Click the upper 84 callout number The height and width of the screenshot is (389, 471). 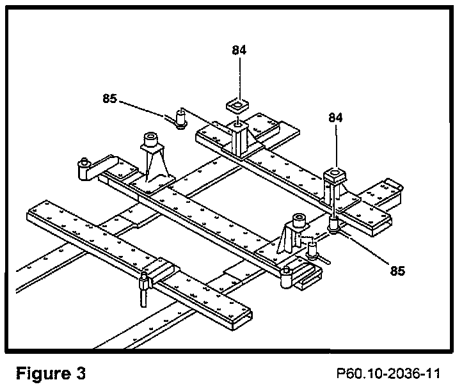pyautogui.click(x=239, y=50)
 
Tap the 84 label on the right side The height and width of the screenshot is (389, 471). pyautogui.click(x=336, y=118)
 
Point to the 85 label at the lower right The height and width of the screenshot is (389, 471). pyautogui.click(x=397, y=270)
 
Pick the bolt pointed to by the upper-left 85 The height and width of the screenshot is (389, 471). pyautogui.click(x=181, y=118)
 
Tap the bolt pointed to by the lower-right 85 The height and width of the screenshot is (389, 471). pyautogui.click(x=333, y=225)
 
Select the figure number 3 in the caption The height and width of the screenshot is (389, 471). pyautogui.click(x=81, y=372)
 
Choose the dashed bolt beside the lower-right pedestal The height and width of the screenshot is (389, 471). pyautogui.click(x=312, y=247)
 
